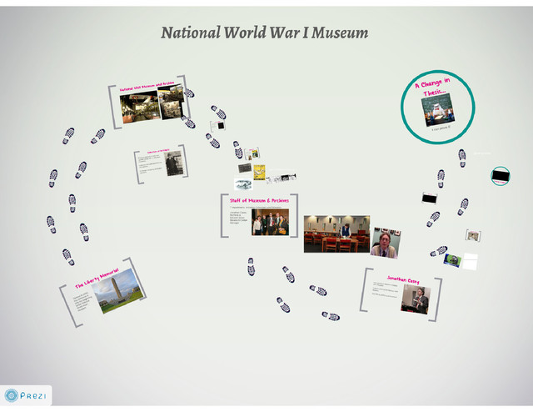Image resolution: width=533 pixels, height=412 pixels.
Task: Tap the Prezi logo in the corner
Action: coord(27,395)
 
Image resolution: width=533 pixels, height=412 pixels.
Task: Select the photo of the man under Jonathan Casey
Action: coord(415,299)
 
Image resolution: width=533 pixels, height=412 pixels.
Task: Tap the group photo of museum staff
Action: coord(270,224)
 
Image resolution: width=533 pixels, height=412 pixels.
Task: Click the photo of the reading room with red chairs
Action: coord(336,233)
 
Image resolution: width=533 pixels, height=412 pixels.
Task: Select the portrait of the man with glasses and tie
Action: coord(385,243)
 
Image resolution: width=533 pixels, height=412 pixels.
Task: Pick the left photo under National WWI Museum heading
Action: coord(139,108)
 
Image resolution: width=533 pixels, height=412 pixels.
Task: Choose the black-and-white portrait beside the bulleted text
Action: coord(172,163)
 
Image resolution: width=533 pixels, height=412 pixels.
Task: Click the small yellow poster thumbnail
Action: coord(259,172)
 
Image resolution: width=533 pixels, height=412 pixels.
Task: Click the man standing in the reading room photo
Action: coord(345,229)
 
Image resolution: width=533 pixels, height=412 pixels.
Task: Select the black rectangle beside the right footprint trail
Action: coord(429,198)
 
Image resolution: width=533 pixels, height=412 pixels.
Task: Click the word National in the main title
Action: coord(190,33)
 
